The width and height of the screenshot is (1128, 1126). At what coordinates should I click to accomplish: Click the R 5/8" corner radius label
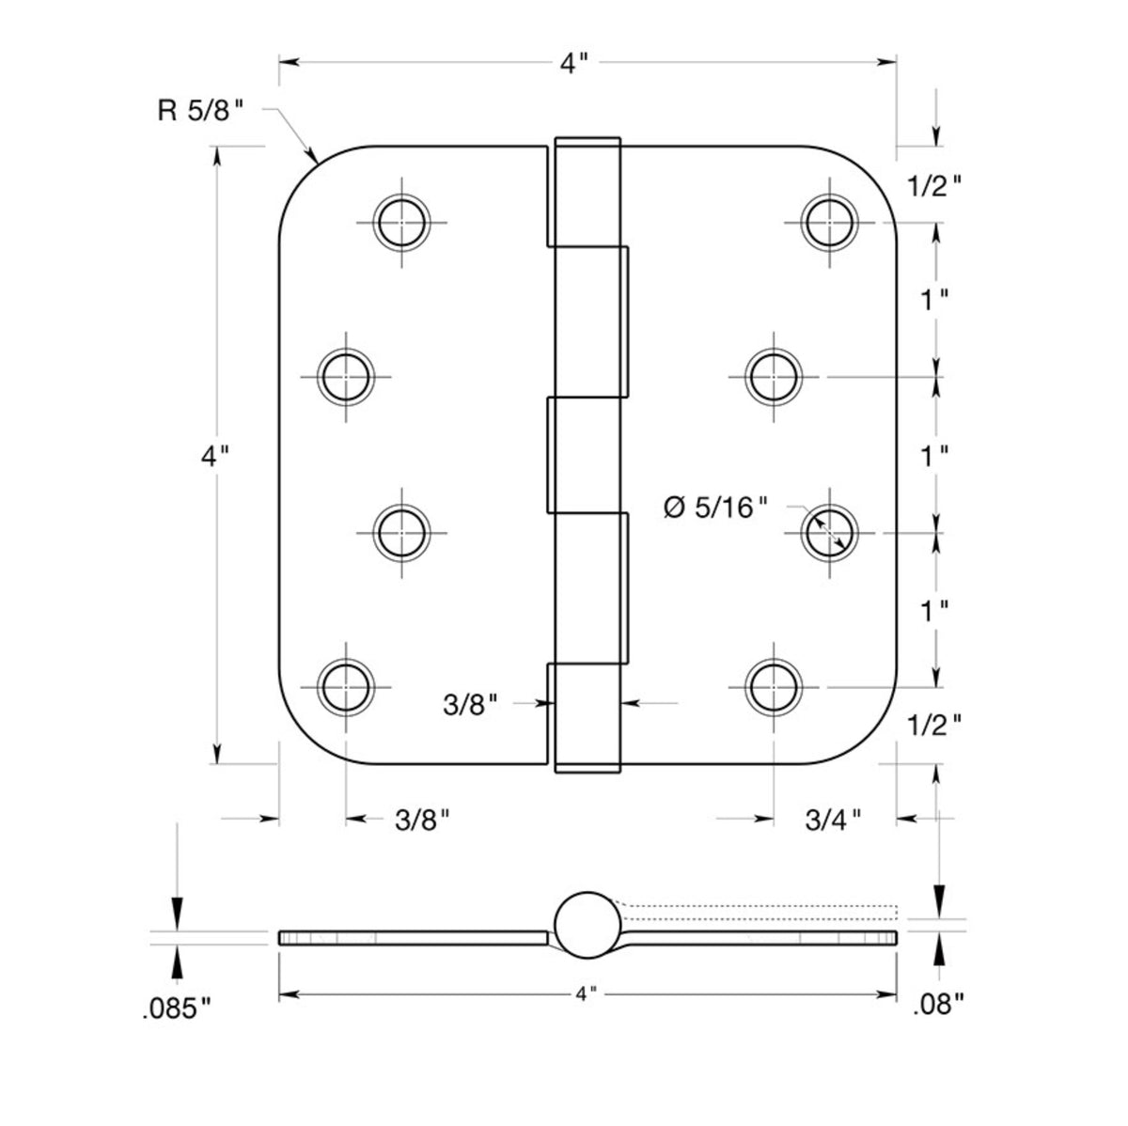click(201, 111)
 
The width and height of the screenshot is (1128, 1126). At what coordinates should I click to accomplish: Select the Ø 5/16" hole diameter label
click(715, 508)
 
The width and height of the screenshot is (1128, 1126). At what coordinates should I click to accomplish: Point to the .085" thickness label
click(176, 1009)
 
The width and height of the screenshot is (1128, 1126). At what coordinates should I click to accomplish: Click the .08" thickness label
click(938, 1006)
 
